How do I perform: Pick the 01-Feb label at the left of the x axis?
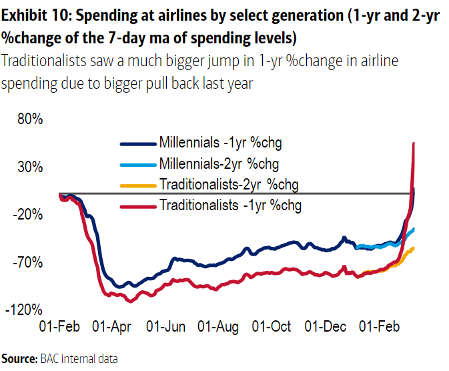(59, 327)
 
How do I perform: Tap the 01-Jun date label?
(165, 327)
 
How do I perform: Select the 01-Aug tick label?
(219, 327)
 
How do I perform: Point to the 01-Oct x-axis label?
(272, 327)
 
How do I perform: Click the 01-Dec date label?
(325, 327)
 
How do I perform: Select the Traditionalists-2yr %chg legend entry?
(229, 184)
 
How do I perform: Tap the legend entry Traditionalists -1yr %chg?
(230, 205)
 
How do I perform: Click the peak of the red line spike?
(414, 143)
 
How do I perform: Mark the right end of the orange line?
(414, 248)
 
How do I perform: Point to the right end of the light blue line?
(414, 230)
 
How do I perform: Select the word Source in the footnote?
(18, 358)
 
